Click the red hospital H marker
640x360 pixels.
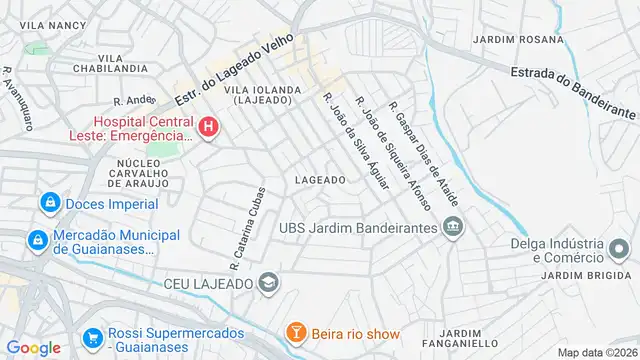pos(208,127)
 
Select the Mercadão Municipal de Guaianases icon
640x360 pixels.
pos(37,240)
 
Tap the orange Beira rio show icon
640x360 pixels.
pos(296,332)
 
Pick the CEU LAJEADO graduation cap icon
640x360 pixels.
pos(268,282)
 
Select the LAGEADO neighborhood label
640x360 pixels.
pos(320,180)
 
